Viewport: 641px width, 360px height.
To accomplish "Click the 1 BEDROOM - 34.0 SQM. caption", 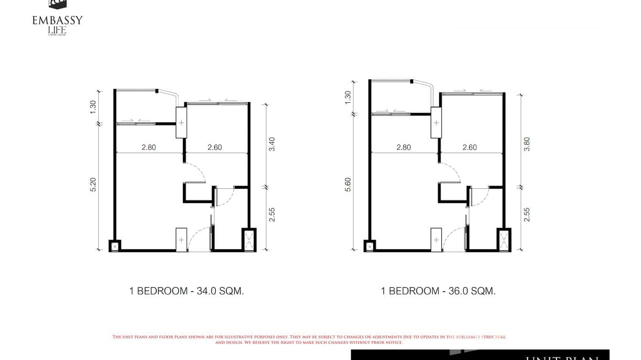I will (186, 291).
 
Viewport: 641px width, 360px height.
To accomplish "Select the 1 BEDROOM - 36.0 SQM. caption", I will (438, 291).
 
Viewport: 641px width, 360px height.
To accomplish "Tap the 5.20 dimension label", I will (93, 185).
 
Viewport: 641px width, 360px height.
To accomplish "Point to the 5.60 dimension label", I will (348, 185).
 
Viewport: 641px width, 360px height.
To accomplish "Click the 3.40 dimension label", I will (272, 144).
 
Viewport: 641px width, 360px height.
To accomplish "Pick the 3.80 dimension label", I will (527, 144).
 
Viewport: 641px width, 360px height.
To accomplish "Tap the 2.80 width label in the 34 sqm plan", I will (149, 148).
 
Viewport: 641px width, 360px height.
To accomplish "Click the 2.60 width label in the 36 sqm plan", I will (470, 148).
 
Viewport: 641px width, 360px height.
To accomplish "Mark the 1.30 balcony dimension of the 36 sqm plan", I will (348, 97).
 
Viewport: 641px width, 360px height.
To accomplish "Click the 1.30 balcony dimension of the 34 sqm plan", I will (93, 106).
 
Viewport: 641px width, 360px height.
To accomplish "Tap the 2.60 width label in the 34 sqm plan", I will (214, 148).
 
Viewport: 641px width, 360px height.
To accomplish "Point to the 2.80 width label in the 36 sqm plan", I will (404, 148).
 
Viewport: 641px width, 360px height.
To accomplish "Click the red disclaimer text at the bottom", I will (309, 339).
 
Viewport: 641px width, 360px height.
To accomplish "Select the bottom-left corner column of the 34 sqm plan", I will (115, 245).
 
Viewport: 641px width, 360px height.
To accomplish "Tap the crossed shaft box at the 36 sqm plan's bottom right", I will (503, 240).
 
